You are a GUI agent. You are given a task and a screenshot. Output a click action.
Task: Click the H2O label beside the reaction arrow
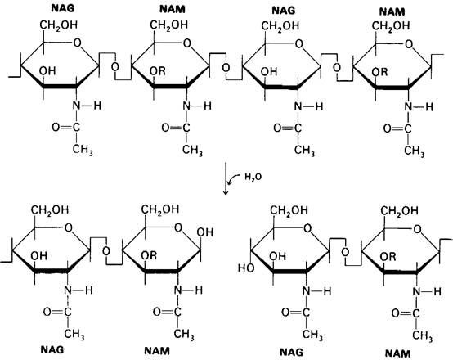(253, 177)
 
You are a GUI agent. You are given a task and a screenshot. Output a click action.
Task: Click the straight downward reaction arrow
(226, 178)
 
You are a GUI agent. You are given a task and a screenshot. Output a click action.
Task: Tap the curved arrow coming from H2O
(234, 179)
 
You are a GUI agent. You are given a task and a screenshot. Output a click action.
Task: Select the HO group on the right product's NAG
(246, 268)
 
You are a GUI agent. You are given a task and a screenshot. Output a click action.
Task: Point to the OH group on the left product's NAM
(205, 232)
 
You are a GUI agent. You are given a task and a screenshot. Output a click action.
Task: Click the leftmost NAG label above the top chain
(63, 8)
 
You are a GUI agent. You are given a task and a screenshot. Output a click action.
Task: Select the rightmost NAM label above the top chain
(392, 11)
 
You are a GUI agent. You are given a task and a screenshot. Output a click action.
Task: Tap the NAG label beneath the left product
(52, 350)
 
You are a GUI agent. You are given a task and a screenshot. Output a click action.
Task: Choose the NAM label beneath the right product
(398, 353)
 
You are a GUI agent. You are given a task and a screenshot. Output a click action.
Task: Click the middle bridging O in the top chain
(226, 68)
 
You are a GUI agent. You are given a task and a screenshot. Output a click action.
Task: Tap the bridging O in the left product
(106, 251)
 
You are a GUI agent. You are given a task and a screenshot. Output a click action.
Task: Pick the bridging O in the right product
(345, 252)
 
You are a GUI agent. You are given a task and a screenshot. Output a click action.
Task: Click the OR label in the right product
(388, 256)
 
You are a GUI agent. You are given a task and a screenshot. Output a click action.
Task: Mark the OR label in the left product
(149, 255)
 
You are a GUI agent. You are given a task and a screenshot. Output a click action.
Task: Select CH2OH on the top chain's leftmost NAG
(59, 25)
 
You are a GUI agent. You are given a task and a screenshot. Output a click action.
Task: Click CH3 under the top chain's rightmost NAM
(414, 151)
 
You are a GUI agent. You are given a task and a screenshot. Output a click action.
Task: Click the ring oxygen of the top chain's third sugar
(298, 44)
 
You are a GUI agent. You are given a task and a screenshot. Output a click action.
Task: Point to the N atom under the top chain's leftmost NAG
(76, 106)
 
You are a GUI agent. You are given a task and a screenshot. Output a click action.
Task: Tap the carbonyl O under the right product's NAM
(396, 313)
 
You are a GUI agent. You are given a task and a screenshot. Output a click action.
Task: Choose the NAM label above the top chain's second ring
(173, 9)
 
